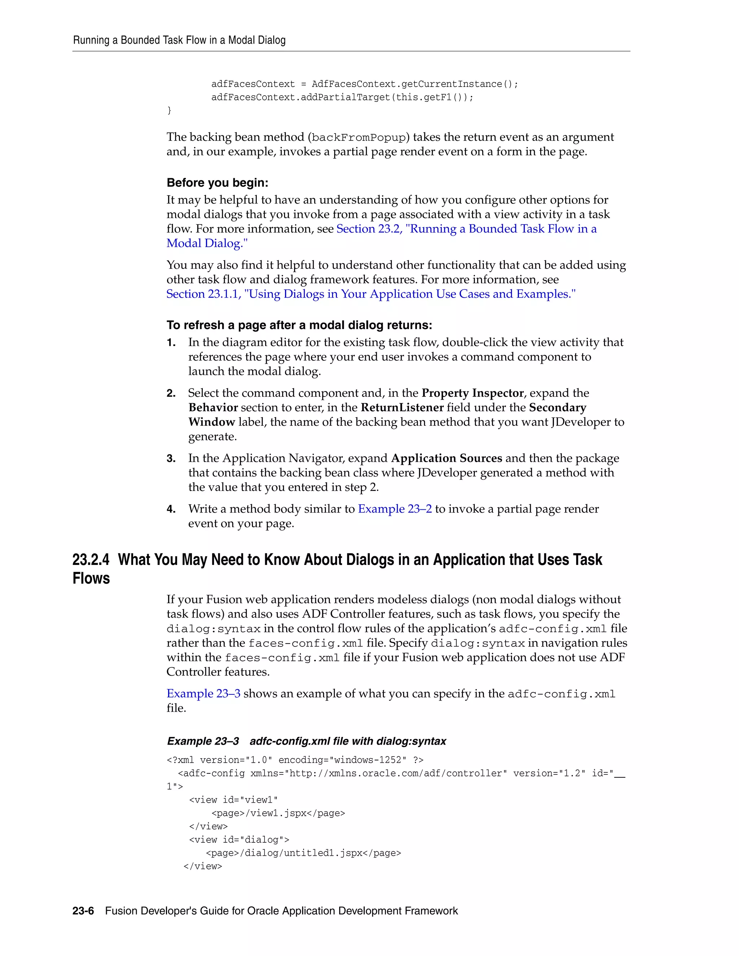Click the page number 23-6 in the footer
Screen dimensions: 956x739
pyautogui.click(x=83, y=911)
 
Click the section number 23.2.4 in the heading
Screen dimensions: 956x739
pyautogui.click(x=91, y=560)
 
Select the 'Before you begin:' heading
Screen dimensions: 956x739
pyautogui.click(x=217, y=183)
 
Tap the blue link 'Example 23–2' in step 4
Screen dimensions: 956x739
pyautogui.click(x=394, y=509)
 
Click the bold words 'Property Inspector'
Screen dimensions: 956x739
pyautogui.click(x=472, y=393)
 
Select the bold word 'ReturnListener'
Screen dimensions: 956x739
pyautogui.click(x=402, y=408)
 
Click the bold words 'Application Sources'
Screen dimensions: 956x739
pyautogui.click(x=447, y=458)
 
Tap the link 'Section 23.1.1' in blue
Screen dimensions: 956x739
pyautogui.click(x=203, y=294)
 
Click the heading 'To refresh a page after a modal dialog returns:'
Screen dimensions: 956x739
pyautogui.click(x=299, y=325)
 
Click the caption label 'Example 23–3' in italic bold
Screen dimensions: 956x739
pyautogui.click(x=203, y=741)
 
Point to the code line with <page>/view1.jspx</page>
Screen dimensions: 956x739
pyautogui.click(x=278, y=813)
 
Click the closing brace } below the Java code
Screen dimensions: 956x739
pyautogui.click(x=170, y=110)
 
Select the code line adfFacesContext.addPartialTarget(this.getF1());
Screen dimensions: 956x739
pyautogui.click(x=342, y=97)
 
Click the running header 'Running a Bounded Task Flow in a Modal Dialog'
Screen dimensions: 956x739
pyautogui.click(x=179, y=40)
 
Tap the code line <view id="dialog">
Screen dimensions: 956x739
pyautogui.click(x=239, y=839)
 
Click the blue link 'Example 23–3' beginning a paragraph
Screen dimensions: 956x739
pyautogui.click(x=203, y=694)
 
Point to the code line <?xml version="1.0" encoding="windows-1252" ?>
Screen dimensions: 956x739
pyautogui.click(x=295, y=760)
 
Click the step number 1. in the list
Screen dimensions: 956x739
pyautogui.click(x=171, y=343)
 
